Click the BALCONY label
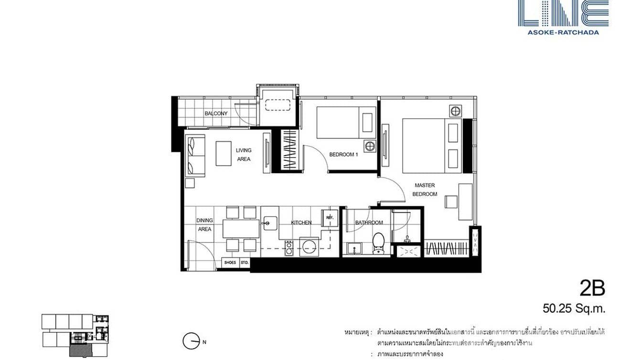[x=216, y=114]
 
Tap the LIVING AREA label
[x=243, y=155]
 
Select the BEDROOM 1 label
[x=343, y=155]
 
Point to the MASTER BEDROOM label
[x=425, y=190]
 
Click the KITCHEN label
[x=301, y=222]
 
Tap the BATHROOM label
[x=369, y=222]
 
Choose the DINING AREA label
[x=204, y=224]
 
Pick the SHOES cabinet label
[x=230, y=263]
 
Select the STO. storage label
[x=244, y=263]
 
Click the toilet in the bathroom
[x=379, y=242]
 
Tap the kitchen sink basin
[x=268, y=222]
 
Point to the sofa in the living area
[x=195, y=155]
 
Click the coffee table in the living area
[x=223, y=153]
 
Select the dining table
[x=241, y=228]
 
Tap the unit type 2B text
[x=592, y=288]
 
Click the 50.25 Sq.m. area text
[x=574, y=308]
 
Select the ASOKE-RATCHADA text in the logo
[x=563, y=32]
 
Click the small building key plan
[x=75, y=335]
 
